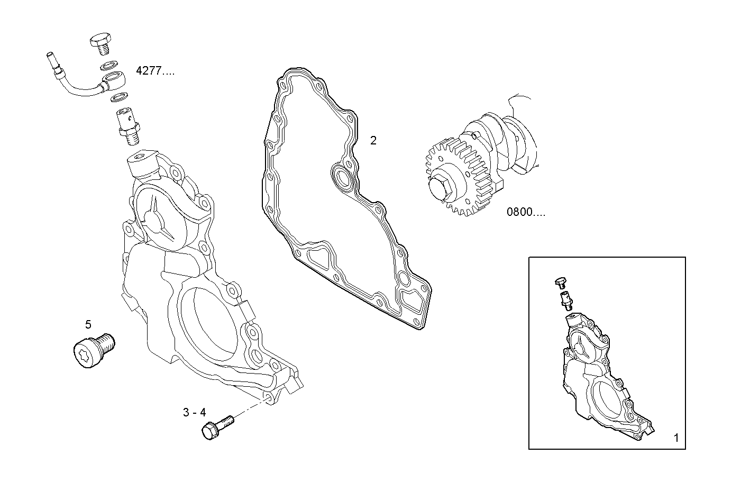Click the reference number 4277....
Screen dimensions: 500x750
(x=154, y=71)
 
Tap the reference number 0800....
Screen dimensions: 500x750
(x=525, y=213)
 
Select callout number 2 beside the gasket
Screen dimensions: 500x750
(x=373, y=141)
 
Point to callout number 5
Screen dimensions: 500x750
(x=88, y=323)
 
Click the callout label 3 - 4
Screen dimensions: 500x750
(x=194, y=413)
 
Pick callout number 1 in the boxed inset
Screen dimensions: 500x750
(x=675, y=438)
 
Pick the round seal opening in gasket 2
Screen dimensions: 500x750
(x=342, y=179)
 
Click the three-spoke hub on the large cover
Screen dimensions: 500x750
(x=157, y=222)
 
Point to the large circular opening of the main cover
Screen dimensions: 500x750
(x=209, y=328)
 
